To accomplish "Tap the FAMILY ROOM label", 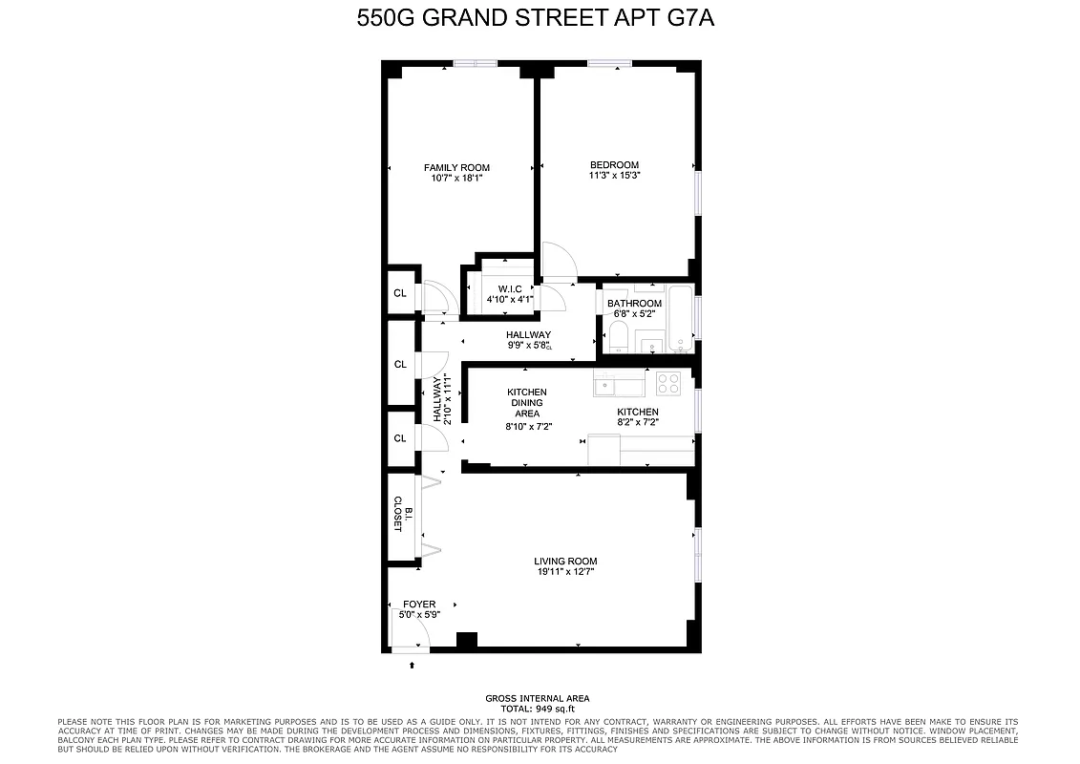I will [x=456, y=168].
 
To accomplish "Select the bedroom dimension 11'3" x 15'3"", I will [x=614, y=176].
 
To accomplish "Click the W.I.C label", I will [x=508, y=289].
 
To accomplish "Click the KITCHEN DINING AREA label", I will [x=526, y=403].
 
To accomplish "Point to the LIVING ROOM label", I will [x=565, y=562].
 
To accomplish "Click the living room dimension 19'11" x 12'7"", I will [x=565, y=572].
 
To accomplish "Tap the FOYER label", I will [x=419, y=605].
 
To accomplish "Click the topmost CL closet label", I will [x=400, y=293].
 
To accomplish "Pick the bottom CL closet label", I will [x=400, y=438].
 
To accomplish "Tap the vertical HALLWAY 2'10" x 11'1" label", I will [x=441, y=399].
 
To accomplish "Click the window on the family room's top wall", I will [x=475, y=64].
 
